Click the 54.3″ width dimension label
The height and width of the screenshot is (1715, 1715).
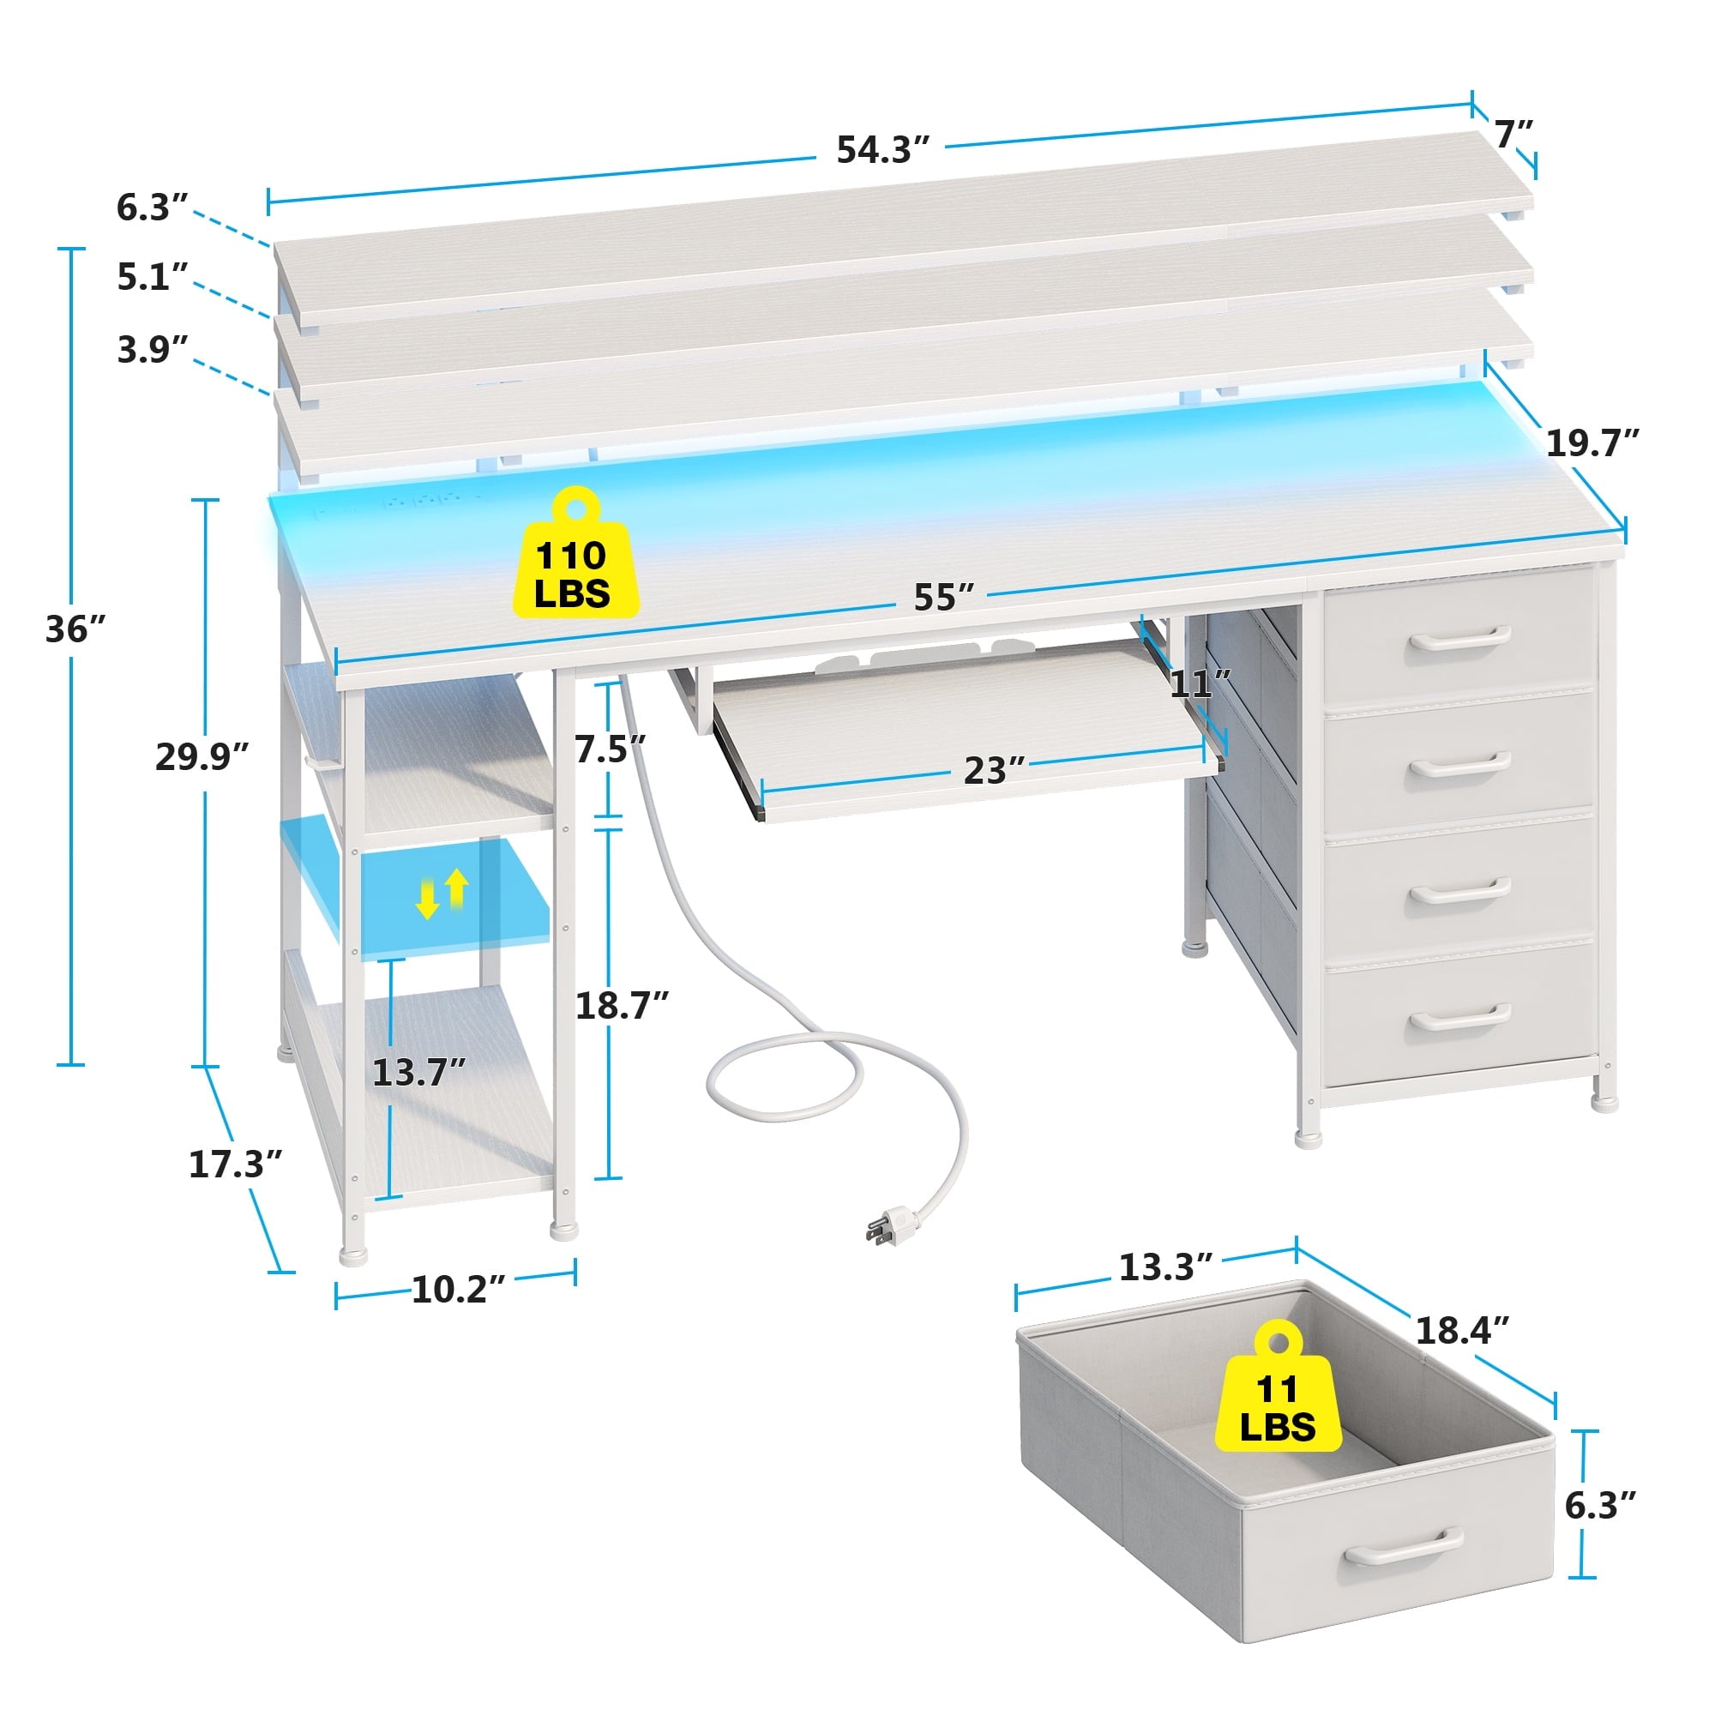882,150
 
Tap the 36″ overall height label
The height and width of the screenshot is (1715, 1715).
75,629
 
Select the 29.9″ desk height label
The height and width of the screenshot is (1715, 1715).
202,756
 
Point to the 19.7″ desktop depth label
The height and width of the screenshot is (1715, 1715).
1592,442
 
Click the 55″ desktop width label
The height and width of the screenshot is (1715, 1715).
944,598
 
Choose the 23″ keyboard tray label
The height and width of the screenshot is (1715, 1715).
994,771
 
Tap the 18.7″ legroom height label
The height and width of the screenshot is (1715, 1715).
623,1005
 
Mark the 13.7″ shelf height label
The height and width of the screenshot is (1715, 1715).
418,1073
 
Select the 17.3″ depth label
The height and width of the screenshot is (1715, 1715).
235,1164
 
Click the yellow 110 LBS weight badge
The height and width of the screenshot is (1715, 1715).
575,554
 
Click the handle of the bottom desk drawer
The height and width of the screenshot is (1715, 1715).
1461,1018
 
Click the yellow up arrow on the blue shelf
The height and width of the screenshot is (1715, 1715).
456,888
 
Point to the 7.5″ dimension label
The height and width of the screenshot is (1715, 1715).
610,749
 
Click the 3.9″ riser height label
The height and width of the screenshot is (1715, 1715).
153,349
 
